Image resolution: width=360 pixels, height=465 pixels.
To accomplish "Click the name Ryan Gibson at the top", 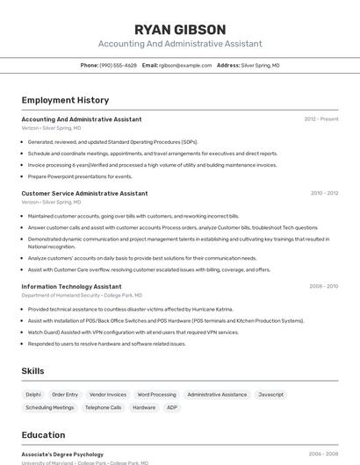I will pos(180,29).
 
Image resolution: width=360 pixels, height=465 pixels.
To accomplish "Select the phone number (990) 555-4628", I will pos(118,65).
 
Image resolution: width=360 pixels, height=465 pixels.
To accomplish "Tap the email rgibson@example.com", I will pos(184,65).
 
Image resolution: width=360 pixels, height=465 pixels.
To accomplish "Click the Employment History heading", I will pos(65,100).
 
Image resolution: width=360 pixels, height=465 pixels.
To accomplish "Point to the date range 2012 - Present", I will pos(320,119).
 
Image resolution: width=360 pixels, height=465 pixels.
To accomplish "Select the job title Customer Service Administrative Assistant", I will pos(84,193).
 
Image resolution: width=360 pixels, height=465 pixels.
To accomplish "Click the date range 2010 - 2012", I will pos(324,193).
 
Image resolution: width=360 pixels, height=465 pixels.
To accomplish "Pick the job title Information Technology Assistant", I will pos(71,286).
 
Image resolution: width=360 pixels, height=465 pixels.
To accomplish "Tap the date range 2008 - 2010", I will pos(323,286).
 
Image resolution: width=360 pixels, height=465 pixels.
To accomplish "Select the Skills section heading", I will pos(32,371).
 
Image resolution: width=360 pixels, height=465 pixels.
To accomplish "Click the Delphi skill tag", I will pos(33,395).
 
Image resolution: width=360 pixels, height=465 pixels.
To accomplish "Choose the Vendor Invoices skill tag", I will pos(108,395).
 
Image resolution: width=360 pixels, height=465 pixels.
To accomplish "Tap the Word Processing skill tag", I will pos(156,395).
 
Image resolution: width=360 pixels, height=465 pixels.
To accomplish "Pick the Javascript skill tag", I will pos(270,395).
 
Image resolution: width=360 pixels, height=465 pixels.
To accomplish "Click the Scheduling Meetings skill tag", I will pos(49,407).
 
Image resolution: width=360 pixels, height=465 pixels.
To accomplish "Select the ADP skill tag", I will pos(171,407).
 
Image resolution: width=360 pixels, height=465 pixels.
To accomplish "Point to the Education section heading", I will pos(43,435).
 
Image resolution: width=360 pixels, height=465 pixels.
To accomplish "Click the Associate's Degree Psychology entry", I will pos(62,454).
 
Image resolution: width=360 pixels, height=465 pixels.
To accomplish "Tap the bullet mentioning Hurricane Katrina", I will pos(131,309).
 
